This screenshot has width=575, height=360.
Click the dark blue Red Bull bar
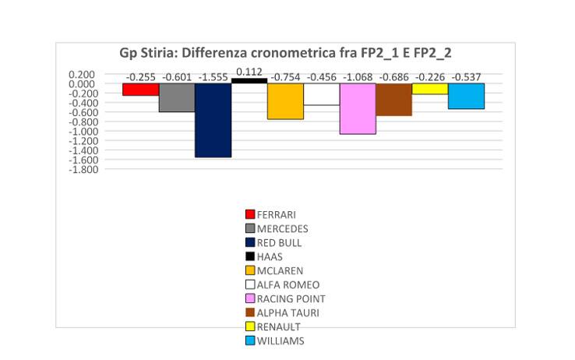(x=213, y=120)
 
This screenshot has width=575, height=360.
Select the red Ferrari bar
(x=140, y=90)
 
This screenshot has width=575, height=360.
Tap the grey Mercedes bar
(x=177, y=97)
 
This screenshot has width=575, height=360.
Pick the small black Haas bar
(x=249, y=80)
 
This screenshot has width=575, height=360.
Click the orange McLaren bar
(x=285, y=101)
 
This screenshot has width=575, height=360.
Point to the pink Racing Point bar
(x=358, y=108)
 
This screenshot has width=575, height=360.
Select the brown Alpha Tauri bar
(x=393, y=100)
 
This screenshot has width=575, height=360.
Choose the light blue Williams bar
(x=466, y=96)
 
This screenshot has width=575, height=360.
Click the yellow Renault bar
(x=430, y=89)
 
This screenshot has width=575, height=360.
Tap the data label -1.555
(x=213, y=77)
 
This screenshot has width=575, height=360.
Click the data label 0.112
(x=249, y=71)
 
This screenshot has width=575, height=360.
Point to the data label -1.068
(x=358, y=77)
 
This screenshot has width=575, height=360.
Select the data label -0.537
(x=466, y=77)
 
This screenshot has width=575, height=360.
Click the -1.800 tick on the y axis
(x=84, y=169)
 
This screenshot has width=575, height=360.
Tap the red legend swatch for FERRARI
(x=250, y=214)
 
